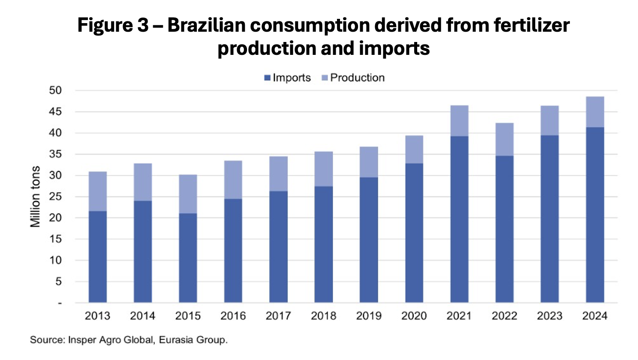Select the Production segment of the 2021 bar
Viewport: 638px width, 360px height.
[x=459, y=121]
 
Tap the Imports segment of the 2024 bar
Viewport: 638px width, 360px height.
[x=595, y=214]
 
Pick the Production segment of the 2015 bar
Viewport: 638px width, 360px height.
[x=188, y=194]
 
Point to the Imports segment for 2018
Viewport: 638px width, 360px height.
[x=324, y=244]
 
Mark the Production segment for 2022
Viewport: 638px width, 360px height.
[x=505, y=139]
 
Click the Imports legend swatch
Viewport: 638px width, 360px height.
[x=268, y=78]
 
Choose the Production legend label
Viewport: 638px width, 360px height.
[x=357, y=78]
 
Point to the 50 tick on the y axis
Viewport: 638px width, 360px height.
[x=56, y=90]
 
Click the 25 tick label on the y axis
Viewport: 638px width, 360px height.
[x=56, y=197]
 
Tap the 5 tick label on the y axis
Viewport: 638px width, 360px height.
[x=58, y=282]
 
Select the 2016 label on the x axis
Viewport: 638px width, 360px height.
[x=233, y=316]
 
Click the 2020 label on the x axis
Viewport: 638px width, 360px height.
[x=414, y=316]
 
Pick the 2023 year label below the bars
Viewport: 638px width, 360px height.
[x=550, y=316]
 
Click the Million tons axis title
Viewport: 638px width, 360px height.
[x=35, y=197]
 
